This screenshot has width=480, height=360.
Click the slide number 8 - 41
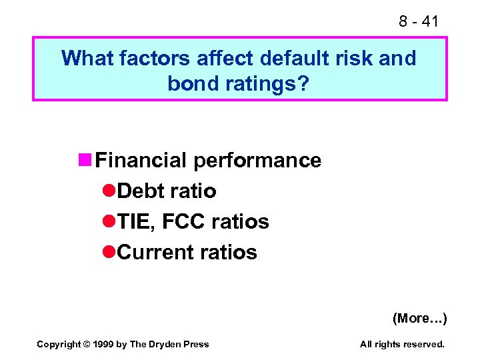pyautogui.click(x=419, y=21)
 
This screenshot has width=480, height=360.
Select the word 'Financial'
pyautogui.click(x=141, y=161)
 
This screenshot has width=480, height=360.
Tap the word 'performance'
pyautogui.click(x=257, y=161)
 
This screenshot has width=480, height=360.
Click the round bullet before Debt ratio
pyautogui.click(x=110, y=191)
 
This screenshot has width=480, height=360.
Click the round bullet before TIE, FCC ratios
pyautogui.click(x=110, y=222)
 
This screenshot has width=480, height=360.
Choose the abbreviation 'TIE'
pyautogui.click(x=135, y=222)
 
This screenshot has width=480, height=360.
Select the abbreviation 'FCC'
pyautogui.click(x=185, y=222)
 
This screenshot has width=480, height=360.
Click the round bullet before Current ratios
pyautogui.click(x=110, y=253)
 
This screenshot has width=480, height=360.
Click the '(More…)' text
pyautogui.click(x=419, y=318)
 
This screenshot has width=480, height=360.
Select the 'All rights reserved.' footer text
pyautogui.click(x=402, y=344)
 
